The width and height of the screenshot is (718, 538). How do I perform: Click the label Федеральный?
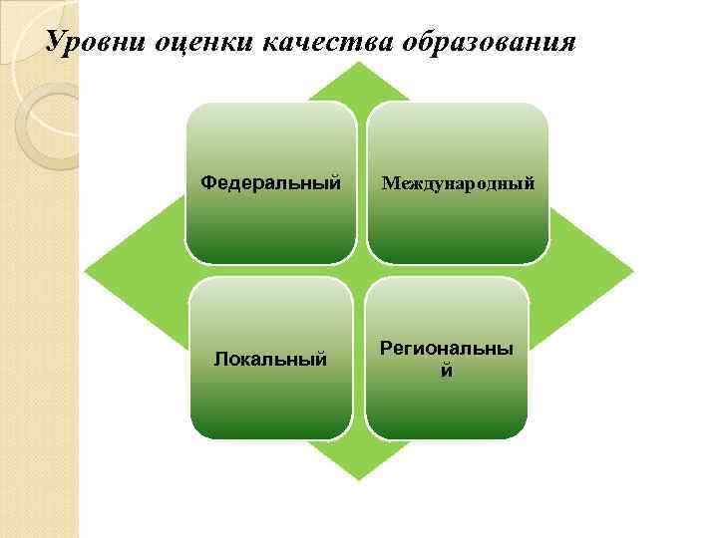coord(270,183)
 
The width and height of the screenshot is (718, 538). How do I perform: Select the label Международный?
coord(458,184)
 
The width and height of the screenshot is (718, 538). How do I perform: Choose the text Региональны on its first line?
coord(446,350)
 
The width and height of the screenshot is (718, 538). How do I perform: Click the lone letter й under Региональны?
coord(446,371)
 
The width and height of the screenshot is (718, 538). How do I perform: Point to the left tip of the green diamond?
coord(87,271)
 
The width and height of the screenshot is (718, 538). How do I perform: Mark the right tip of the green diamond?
coord(631,271)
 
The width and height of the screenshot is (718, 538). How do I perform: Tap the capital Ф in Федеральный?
coord(206,183)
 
